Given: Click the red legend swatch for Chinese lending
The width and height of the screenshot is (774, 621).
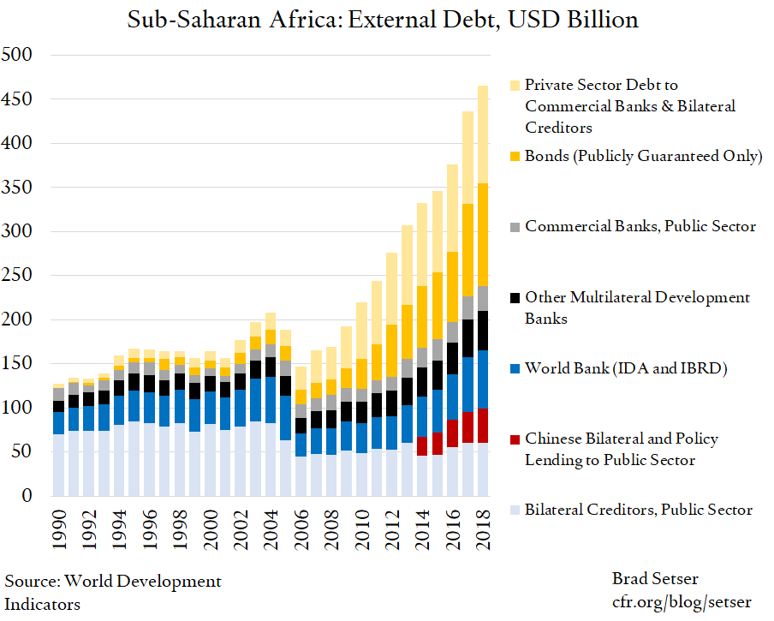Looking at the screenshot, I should [515, 439].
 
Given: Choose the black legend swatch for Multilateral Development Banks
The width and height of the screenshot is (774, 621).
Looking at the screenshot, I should [515, 298].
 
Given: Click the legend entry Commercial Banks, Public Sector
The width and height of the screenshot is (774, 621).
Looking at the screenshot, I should [640, 227].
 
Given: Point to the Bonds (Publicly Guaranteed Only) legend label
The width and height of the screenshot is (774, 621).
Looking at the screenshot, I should [643, 156].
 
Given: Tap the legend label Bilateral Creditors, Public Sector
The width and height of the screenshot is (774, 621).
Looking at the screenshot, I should [638, 511].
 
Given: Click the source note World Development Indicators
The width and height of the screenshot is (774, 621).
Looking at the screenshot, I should [113, 593].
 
